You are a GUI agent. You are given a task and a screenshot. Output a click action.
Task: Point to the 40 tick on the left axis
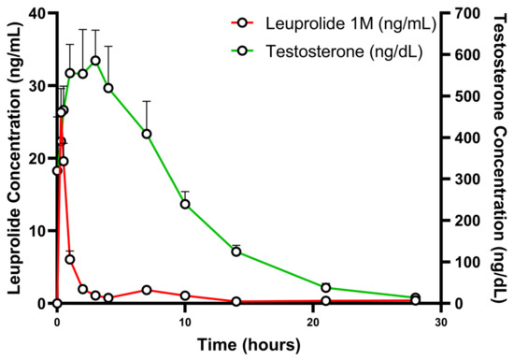[38, 13]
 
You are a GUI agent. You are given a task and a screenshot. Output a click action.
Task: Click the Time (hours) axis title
[249, 345]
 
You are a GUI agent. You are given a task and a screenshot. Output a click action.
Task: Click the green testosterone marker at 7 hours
[147, 134]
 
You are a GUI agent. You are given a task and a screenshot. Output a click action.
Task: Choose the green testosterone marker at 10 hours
[185, 204]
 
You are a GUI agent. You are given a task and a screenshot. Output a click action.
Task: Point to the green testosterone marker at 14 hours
[236, 251]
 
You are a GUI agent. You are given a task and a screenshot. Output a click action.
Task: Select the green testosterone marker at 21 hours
[326, 287]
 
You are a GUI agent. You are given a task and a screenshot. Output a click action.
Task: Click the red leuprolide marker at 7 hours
[147, 290]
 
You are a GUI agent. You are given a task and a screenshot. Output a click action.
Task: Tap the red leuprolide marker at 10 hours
[185, 295]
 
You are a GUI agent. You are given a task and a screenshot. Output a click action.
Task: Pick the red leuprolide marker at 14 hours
[236, 301]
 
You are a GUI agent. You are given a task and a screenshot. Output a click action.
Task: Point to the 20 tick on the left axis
[38, 158]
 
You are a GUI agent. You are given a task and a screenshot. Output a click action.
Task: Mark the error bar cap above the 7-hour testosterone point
[147, 101]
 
